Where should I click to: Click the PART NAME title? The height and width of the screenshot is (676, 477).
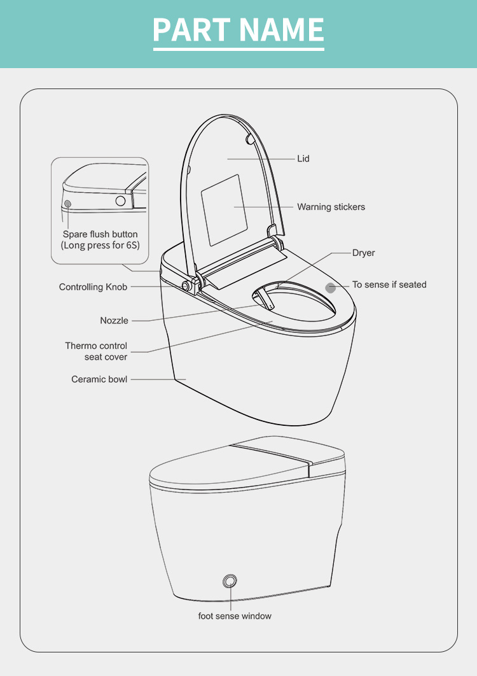click(x=238, y=29)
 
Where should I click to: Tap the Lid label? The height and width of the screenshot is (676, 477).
click(x=303, y=158)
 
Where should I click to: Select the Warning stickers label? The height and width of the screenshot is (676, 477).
click(x=331, y=207)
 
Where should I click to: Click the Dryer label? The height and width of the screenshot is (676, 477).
click(x=363, y=253)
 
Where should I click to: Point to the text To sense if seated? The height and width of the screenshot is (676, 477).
click(x=389, y=285)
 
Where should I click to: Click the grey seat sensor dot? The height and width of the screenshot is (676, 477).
click(x=331, y=288)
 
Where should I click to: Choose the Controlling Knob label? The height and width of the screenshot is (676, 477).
click(x=93, y=287)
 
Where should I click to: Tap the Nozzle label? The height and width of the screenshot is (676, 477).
click(x=114, y=320)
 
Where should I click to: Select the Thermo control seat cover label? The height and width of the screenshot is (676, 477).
click(x=96, y=351)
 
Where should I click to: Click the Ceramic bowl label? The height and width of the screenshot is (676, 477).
click(x=99, y=379)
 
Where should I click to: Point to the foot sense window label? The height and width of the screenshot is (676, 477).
click(x=235, y=616)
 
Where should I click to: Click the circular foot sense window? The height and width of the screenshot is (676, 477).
click(x=230, y=581)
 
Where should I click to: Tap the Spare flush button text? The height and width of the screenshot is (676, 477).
click(x=100, y=234)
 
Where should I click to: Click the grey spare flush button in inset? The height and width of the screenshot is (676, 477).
click(x=67, y=204)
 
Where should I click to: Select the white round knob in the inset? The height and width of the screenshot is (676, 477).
click(x=120, y=201)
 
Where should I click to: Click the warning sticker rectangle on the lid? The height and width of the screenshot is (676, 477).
click(x=225, y=211)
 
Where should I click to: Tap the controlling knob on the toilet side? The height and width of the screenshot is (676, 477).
click(x=187, y=286)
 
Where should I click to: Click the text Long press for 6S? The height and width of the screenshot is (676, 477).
click(x=100, y=245)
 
